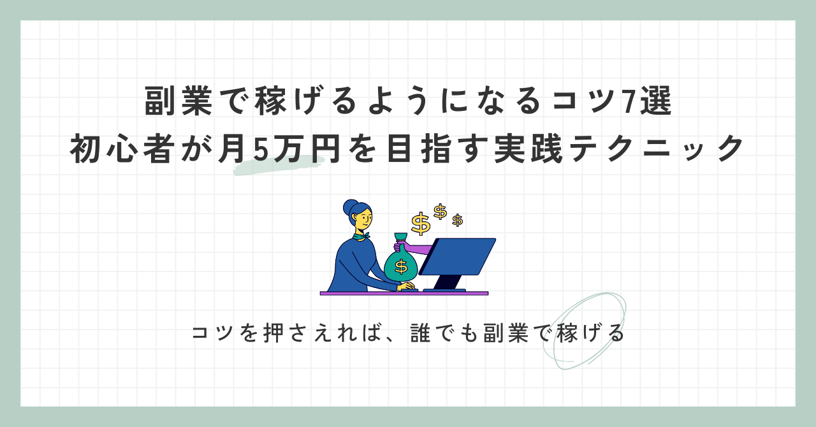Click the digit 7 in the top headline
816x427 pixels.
point(628,101)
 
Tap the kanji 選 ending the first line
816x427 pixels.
point(657,101)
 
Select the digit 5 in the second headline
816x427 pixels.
point(261,149)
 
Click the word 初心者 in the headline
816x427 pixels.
point(120,148)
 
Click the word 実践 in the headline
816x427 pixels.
point(528,148)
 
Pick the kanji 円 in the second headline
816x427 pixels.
point(323,148)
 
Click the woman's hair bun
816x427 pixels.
point(351,207)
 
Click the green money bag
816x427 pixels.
point(401,263)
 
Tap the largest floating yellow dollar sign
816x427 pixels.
point(420,223)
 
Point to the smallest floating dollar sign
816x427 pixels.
point(458,220)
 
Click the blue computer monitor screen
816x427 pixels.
point(458,256)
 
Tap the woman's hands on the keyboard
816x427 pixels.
point(406,286)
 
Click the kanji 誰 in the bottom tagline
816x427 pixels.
point(420,333)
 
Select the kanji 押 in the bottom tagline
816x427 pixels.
point(273,333)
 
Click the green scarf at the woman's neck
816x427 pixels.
point(361,236)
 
